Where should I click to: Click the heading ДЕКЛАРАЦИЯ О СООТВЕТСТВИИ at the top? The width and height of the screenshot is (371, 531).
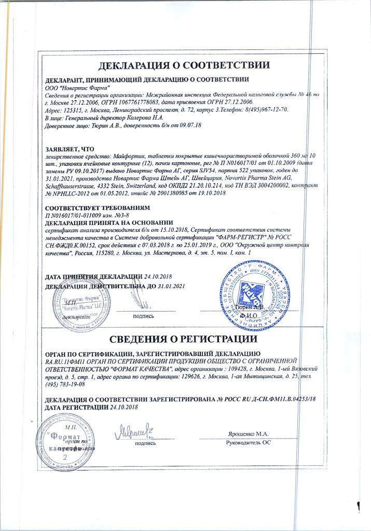click(185, 66)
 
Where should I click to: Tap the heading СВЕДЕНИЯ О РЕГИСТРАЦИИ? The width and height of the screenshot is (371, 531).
click(185, 340)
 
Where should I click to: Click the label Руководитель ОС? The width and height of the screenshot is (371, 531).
click(249, 443)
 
